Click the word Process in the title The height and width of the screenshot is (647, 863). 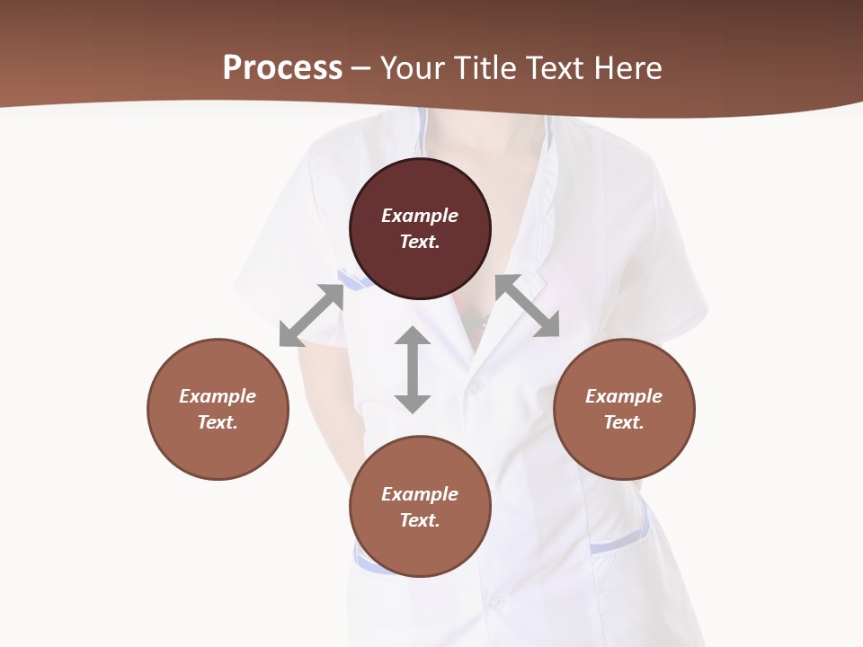click(x=282, y=68)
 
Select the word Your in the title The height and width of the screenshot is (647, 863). click(x=413, y=68)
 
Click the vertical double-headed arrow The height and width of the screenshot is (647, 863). click(x=413, y=369)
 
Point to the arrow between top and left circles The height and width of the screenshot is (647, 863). click(x=312, y=315)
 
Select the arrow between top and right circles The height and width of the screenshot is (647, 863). click(x=528, y=306)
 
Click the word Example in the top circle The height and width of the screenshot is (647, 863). click(x=420, y=216)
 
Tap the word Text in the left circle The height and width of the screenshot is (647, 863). click(x=218, y=422)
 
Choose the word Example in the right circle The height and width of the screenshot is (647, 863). click(x=624, y=396)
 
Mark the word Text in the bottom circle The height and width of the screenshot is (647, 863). click(x=420, y=520)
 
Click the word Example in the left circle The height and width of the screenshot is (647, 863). click(x=218, y=396)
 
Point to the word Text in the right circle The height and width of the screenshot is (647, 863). click(x=624, y=422)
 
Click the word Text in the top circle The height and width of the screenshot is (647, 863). click(x=420, y=242)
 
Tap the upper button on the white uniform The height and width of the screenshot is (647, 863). click(x=475, y=385)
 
